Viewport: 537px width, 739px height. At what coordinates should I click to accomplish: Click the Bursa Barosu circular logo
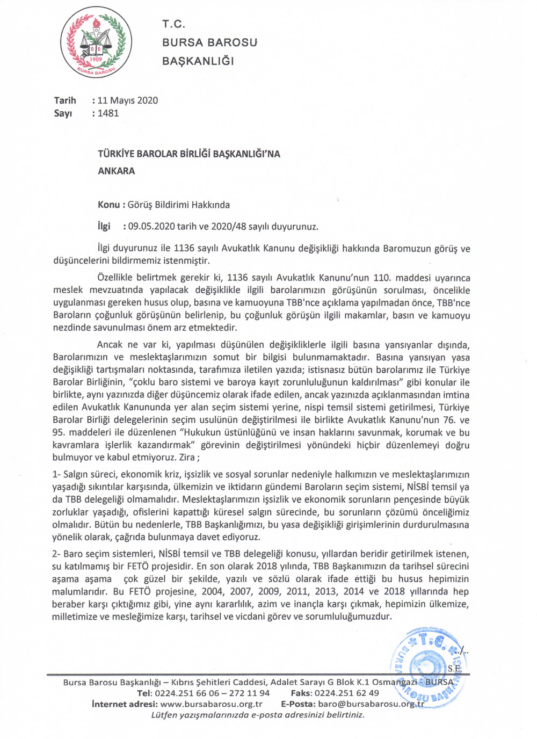point(96,42)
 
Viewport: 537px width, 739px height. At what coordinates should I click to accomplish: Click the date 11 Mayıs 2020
point(128,100)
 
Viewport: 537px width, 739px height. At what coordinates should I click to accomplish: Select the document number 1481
point(108,113)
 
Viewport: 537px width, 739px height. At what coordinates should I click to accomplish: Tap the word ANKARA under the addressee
point(116,171)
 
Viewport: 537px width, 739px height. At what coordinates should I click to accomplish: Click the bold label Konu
point(108,205)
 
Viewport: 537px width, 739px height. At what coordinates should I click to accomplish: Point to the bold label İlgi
point(104,226)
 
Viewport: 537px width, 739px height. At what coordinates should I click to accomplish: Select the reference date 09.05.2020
point(151,226)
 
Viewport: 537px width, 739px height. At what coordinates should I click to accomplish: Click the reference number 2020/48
point(228,226)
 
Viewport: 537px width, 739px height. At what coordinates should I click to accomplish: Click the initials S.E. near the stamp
point(454,669)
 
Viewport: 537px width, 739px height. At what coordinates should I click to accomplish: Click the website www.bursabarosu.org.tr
point(211,704)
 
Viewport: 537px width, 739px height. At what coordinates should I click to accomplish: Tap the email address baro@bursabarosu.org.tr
point(371,704)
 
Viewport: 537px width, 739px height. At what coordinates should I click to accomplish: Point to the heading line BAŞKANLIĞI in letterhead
point(198,61)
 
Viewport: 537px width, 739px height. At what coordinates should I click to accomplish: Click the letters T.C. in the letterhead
point(173,24)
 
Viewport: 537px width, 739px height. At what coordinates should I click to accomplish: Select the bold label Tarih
point(65,100)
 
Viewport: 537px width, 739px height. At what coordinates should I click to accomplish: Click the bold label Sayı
point(63,113)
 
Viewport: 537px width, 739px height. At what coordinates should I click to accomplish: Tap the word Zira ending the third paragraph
point(186,458)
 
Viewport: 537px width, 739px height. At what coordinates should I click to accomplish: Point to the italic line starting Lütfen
point(258,715)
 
